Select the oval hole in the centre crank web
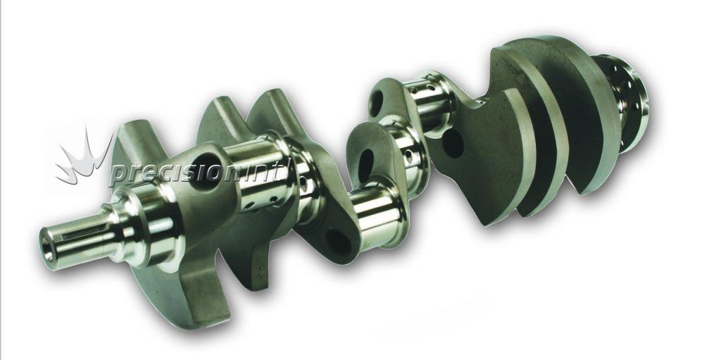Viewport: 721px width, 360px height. coord(366,166)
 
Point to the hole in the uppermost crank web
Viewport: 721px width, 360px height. coord(376,103)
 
